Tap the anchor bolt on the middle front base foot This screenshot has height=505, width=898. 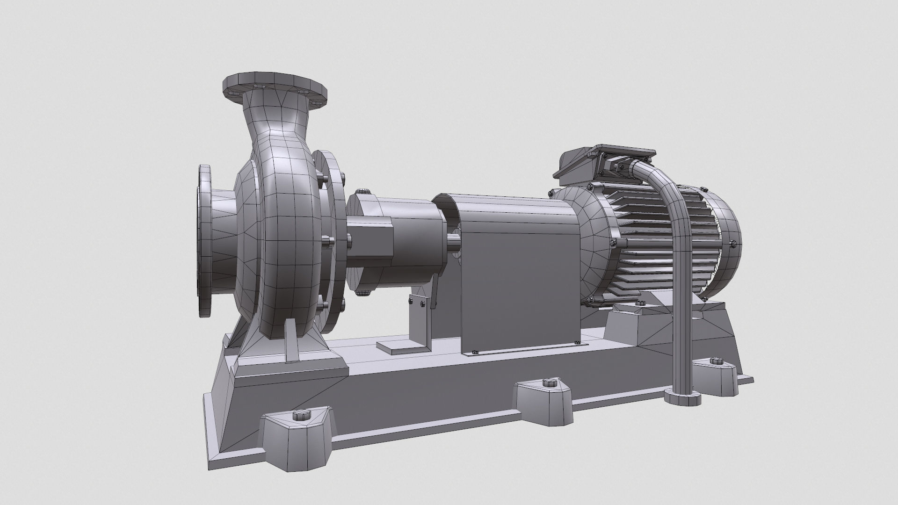click(547, 382)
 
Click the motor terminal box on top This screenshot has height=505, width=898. click(603, 161)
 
